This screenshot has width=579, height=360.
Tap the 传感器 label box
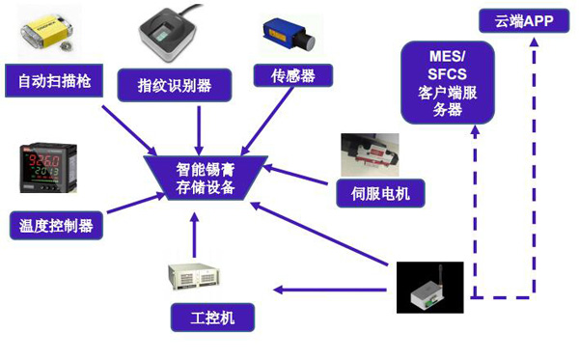coord(290,75)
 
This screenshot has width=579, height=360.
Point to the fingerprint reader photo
coord(177,37)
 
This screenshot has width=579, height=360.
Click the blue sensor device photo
coord(289,35)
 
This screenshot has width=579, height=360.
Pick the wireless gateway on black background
coord(430,288)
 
